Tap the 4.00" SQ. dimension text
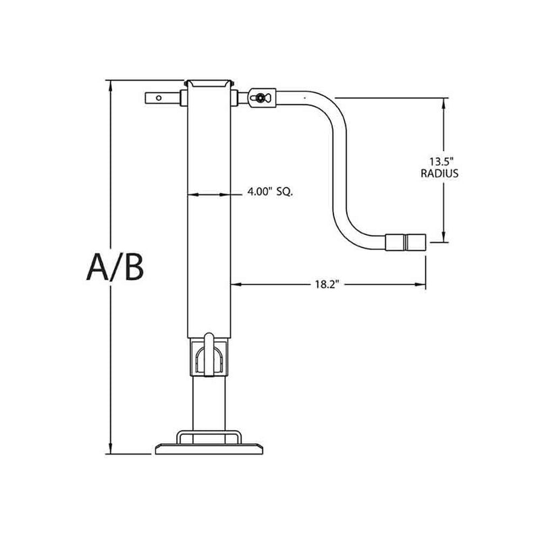click(x=269, y=192)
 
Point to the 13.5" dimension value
click(x=443, y=161)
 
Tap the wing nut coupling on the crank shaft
click(x=260, y=98)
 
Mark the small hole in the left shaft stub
click(x=159, y=99)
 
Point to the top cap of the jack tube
click(x=208, y=83)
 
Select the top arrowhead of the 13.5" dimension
click(x=443, y=102)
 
